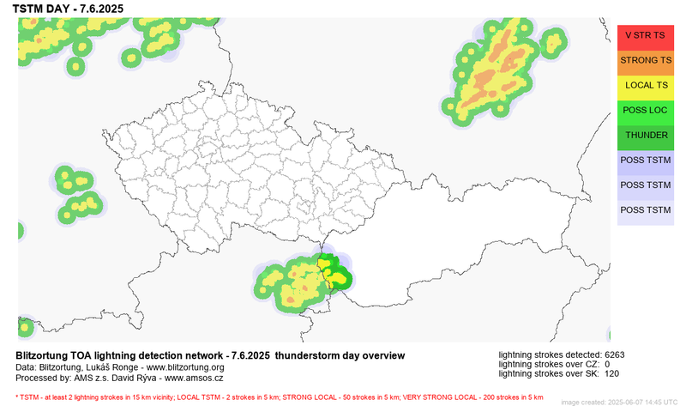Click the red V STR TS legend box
[645, 35]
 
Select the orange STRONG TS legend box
[645, 60]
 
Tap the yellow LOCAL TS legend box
[645, 85]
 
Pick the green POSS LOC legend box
[645, 110]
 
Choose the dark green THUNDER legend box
[645, 136]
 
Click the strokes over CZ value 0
[607, 364]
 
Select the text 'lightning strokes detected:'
[549, 354]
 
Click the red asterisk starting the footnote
[16, 397]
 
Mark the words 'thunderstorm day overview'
[340, 355]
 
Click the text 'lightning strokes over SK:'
[549, 373]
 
